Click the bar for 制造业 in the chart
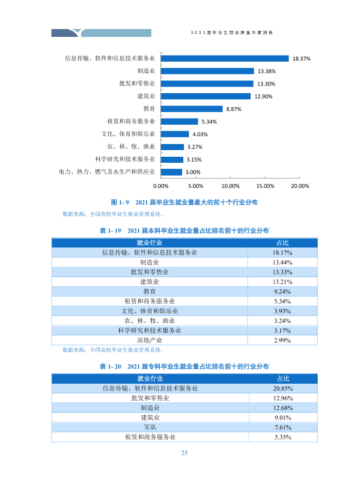pyautogui.click(x=208, y=71)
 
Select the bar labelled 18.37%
pyautogui.click(x=224, y=59)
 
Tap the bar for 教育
pyautogui.click(x=192, y=109)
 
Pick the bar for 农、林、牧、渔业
pyautogui.click(x=172, y=147)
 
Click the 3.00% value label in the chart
pyautogui.click(x=193, y=172)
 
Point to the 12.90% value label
pyautogui.click(x=263, y=96)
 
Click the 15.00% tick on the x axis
pyautogui.click(x=265, y=186)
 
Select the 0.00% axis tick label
pyautogui.click(x=161, y=186)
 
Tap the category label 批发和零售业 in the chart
pyautogui.click(x=137, y=84)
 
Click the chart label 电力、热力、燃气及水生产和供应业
pyautogui.click(x=107, y=172)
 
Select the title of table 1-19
pyautogui.click(x=184, y=231)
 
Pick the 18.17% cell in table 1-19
pyautogui.click(x=283, y=252)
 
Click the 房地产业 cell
pyautogui.click(x=149, y=340)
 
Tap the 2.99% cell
pyautogui.click(x=283, y=340)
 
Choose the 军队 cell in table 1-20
pyautogui.click(x=150, y=427)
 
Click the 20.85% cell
pyautogui.click(x=283, y=389)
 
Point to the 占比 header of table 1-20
pyautogui.click(x=283, y=379)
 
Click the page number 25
pyautogui.click(x=184, y=453)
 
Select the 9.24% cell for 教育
pyautogui.click(x=283, y=292)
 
